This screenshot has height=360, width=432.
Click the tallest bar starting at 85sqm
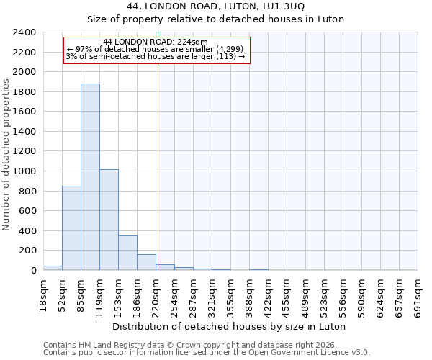[x=90, y=177]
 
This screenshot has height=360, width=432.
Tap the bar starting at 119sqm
[x=109, y=220]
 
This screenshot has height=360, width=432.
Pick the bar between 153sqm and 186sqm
[x=127, y=253]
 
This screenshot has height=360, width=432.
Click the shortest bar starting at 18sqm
[x=53, y=268]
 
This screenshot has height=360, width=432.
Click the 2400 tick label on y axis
[x=24, y=33]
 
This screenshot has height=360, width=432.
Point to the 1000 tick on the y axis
[x=24, y=171]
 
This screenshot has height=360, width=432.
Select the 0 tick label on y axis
[x=33, y=271]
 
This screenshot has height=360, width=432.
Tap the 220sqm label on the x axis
[x=156, y=294]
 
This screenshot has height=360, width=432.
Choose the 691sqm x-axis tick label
[x=418, y=294]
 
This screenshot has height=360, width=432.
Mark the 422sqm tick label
[x=268, y=294]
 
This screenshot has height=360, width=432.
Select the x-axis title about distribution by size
[x=230, y=326]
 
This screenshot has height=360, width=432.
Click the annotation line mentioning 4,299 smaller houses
[x=156, y=49]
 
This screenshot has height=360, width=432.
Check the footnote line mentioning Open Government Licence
[x=207, y=352]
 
